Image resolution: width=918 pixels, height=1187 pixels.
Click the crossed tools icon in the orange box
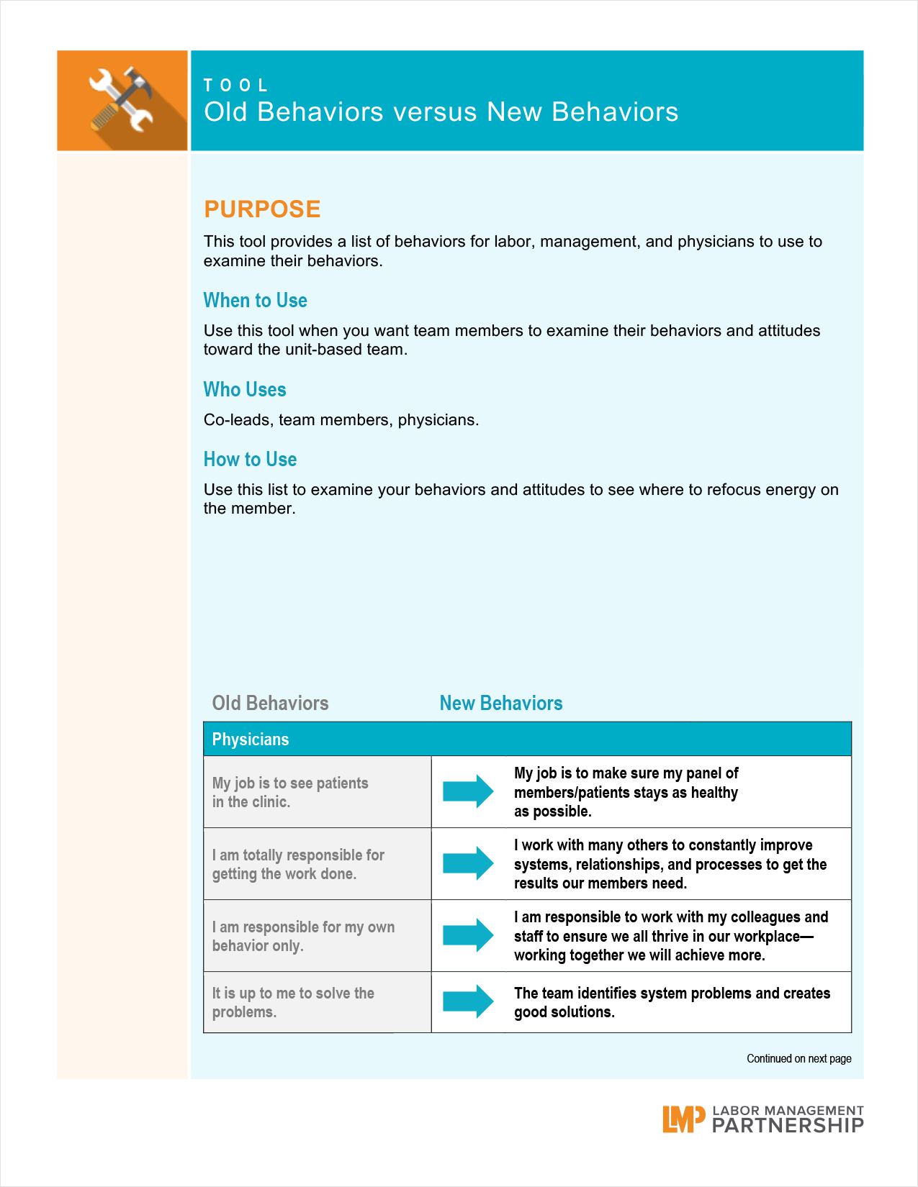pos(121,99)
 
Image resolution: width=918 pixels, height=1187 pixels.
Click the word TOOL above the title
pos(235,86)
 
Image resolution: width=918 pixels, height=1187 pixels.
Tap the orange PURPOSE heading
pos(262,209)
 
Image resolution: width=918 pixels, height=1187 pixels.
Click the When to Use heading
pos(255,301)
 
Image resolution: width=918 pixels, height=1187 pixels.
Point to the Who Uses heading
pos(245,390)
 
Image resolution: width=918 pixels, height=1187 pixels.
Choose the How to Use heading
pos(250,460)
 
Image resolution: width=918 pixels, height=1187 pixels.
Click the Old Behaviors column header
pos(270,704)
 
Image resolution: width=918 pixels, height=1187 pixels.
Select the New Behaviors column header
pos(501,704)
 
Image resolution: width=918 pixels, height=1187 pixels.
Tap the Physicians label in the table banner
pos(250,740)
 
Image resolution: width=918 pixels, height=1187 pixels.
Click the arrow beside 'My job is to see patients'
pos(468,791)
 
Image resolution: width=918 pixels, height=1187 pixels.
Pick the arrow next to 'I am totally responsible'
pos(468,863)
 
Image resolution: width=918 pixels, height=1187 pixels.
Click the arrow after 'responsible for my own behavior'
pos(468,935)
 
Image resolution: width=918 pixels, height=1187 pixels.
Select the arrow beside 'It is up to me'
pos(468,1001)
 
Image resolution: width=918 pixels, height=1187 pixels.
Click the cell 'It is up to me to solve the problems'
pos(293,1002)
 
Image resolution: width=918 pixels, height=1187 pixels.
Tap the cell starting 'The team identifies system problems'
pos(671,1002)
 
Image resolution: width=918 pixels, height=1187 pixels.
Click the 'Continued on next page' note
pos(798,1059)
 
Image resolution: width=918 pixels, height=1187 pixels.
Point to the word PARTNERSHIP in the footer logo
pos(787,1126)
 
